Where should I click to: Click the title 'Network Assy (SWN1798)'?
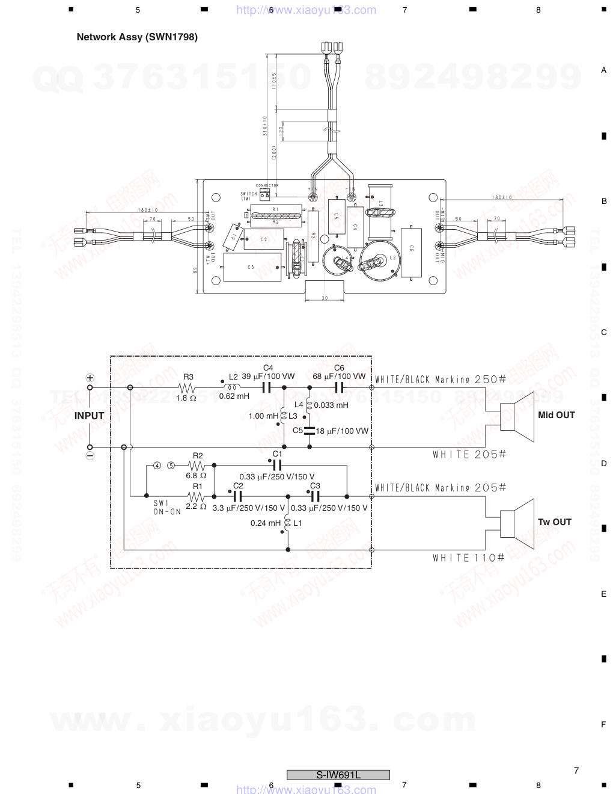(x=137, y=37)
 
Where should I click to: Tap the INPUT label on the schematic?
(x=89, y=416)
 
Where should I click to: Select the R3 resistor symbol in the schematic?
(x=188, y=388)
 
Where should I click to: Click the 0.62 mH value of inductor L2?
(x=234, y=396)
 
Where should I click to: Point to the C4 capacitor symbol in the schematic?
(x=268, y=388)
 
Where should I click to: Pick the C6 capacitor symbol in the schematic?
(x=339, y=388)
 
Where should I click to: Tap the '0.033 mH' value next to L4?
(x=331, y=405)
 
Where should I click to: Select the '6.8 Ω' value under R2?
(x=196, y=476)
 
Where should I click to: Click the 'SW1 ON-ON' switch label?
(x=166, y=507)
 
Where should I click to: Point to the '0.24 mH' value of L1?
(x=266, y=523)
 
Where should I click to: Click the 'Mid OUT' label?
(x=556, y=415)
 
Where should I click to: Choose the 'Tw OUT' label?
(x=554, y=522)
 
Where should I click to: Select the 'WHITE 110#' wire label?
(x=468, y=558)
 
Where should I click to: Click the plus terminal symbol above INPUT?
(x=90, y=378)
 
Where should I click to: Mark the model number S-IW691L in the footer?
(x=338, y=775)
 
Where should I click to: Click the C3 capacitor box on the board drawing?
(x=251, y=268)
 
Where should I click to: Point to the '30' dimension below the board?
(x=325, y=298)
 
